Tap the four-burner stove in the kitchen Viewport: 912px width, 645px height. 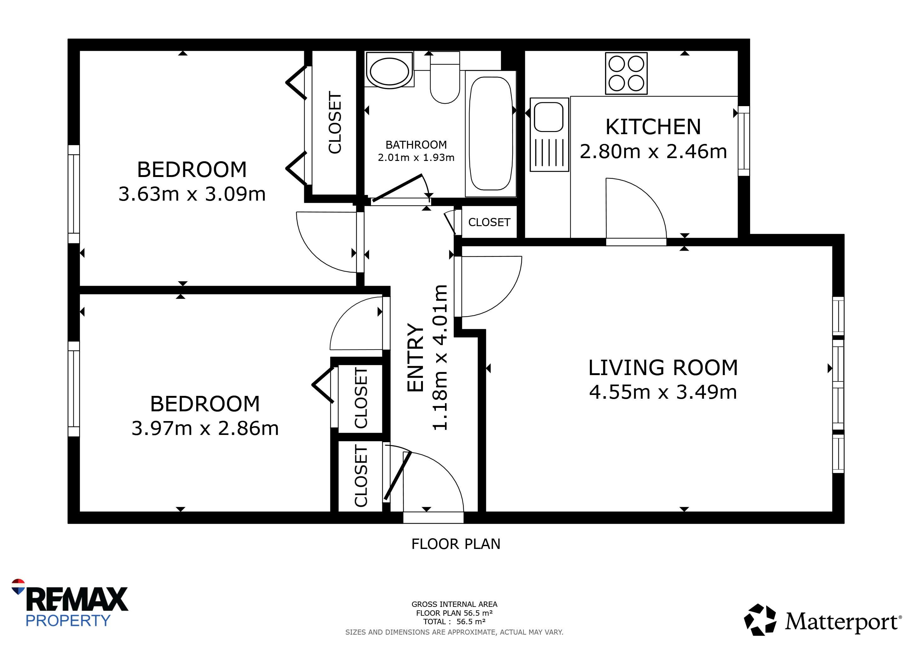tap(626, 73)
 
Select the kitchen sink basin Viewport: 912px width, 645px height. tap(549, 117)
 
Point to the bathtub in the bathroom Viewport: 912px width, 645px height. tap(491, 134)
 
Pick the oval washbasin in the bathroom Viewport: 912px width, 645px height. tap(389, 71)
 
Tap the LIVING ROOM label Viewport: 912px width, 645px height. tap(663, 368)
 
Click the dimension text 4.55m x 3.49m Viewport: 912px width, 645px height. tap(663, 392)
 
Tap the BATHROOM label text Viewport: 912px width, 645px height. tap(416, 145)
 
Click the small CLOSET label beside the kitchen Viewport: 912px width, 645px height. tap(489, 222)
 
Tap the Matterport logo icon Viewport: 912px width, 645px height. tap(760, 619)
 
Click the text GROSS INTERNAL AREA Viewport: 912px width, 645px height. tap(454, 604)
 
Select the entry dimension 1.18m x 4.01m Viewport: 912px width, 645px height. tap(440, 357)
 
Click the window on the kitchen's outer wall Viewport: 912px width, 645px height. tap(744, 141)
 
